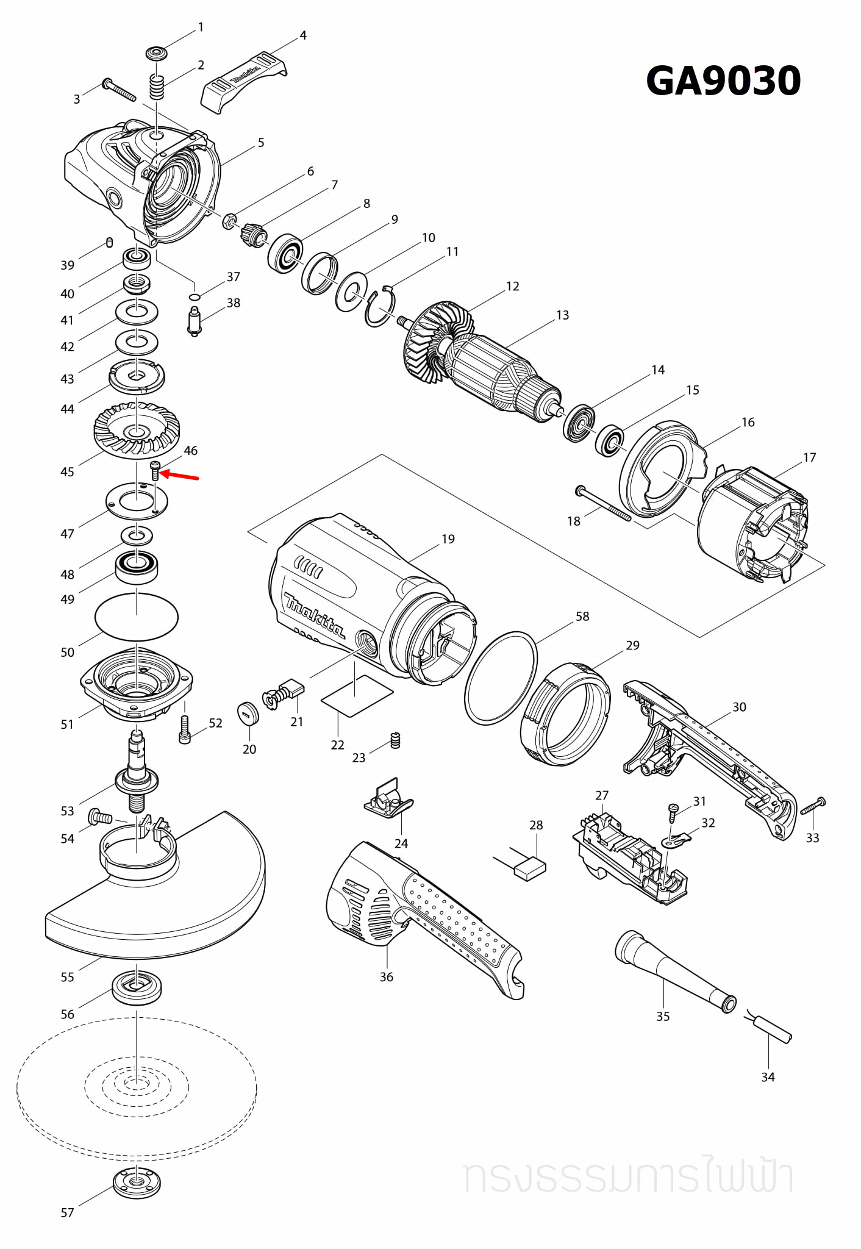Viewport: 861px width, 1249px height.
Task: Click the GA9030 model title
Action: tap(723, 81)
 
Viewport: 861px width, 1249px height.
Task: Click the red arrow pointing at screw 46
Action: tap(180, 476)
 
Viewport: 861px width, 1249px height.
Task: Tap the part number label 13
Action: tap(562, 315)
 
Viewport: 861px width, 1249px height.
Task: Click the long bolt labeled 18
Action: tap(604, 504)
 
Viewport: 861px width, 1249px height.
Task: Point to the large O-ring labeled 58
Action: tap(501, 678)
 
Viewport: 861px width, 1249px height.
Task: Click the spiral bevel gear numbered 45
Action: tap(137, 429)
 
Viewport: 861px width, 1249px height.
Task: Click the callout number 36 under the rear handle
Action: tap(387, 977)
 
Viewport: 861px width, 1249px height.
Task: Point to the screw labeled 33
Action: tap(814, 806)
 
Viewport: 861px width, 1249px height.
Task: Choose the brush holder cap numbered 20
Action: tap(248, 713)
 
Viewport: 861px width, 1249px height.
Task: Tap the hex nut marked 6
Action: tap(229, 220)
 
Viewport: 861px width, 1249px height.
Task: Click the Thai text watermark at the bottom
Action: tap(628, 1177)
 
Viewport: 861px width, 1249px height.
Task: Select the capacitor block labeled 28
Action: tap(530, 868)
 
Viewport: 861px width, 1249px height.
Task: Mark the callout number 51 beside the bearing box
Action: tap(67, 725)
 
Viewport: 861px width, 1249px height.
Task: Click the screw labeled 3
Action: tap(120, 89)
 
